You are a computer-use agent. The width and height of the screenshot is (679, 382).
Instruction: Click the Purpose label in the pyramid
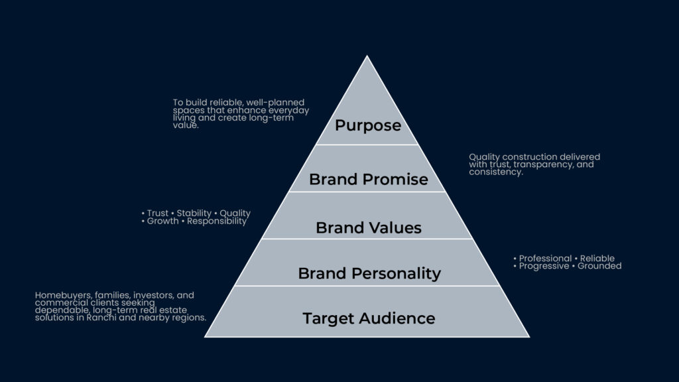coord(367,125)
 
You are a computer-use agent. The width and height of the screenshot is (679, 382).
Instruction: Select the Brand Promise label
coord(368,179)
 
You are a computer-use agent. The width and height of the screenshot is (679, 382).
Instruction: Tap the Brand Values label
coord(368,227)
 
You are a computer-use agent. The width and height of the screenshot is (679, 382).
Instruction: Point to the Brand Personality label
coord(369,273)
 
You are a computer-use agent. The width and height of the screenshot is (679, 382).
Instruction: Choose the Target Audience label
coord(369,318)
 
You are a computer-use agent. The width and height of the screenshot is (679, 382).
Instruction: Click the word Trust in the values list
coord(158,214)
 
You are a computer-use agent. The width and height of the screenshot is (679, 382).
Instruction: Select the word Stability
coord(194,214)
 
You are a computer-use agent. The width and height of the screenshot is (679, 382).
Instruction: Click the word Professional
coord(545,259)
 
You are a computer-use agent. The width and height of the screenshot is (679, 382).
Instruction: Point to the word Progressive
coord(544,266)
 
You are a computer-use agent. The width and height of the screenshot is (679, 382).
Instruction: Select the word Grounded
coord(599,266)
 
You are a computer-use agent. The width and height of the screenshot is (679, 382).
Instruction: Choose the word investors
coord(141,295)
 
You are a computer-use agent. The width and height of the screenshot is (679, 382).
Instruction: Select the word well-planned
coord(277,103)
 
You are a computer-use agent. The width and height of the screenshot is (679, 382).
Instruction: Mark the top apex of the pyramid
coord(367,56)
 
